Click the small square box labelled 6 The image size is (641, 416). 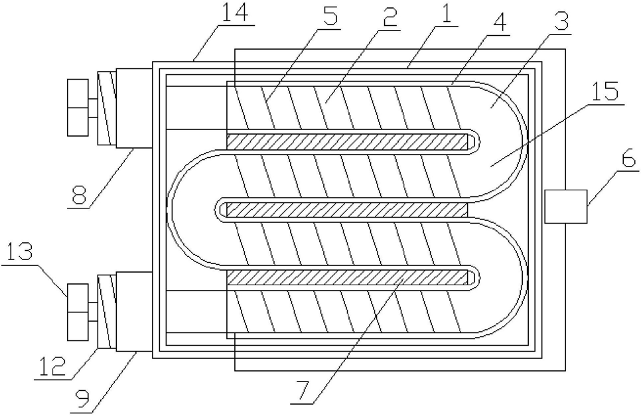pyautogui.click(x=565, y=206)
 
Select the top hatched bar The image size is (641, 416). pyautogui.click(x=348, y=141)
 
